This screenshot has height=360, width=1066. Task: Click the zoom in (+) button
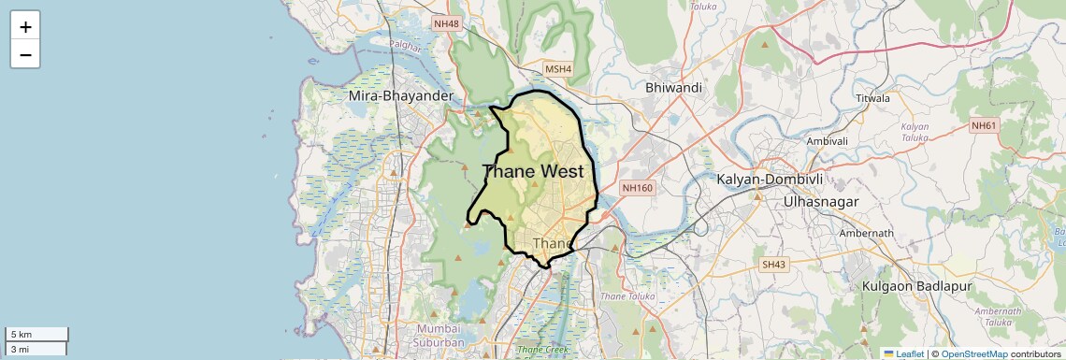(25, 26)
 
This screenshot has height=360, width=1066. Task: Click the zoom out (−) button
(25, 54)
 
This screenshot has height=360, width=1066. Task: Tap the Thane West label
(533, 171)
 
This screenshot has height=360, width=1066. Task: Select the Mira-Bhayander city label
(400, 95)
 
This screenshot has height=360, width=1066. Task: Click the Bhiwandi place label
(673, 87)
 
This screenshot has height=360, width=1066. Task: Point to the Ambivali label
(827, 140)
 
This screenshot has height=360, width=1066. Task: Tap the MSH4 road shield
(558, 69)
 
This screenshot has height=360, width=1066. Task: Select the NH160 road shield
(637, 188)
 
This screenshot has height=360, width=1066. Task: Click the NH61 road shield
(984, 125)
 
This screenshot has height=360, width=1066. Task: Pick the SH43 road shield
(772, 266)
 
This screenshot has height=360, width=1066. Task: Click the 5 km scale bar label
(22, 334)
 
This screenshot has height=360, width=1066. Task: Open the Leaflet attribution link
(903, 353)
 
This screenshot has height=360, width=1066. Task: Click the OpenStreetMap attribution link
(973, 353)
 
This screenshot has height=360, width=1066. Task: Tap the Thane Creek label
(541, 351)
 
